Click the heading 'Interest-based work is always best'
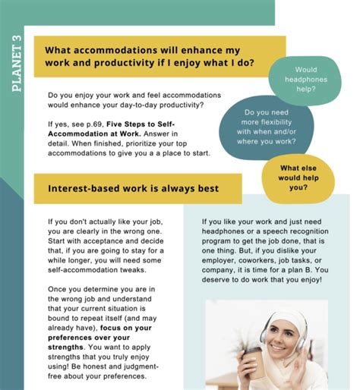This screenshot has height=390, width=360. point(133,187)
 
